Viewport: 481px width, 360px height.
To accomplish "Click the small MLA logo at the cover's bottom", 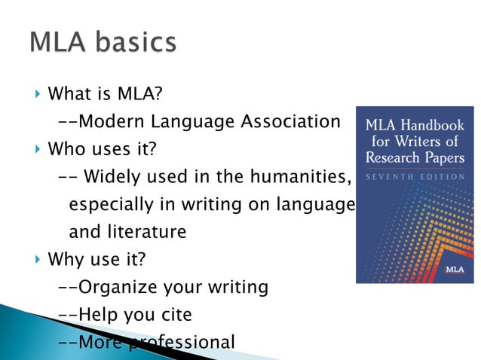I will tap(455, 270).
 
